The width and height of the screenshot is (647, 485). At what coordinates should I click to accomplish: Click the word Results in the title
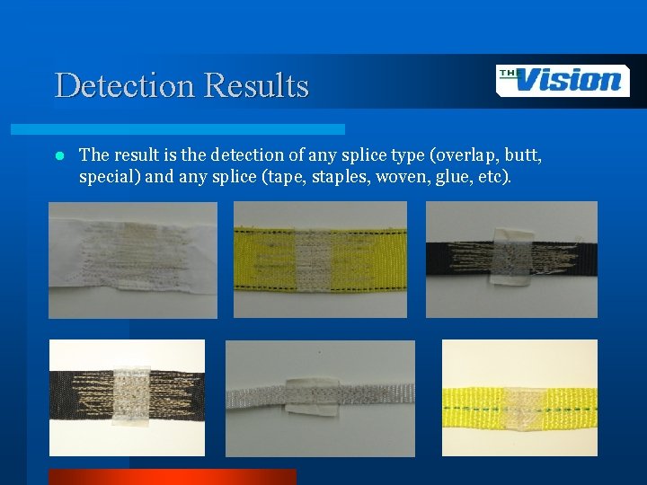pos(256,86)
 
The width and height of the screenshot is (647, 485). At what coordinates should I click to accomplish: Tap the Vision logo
pos(563,81)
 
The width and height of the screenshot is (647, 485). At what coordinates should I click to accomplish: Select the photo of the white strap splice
pos(133,260)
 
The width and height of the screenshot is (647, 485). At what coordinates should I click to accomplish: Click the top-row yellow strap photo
pos(320,259)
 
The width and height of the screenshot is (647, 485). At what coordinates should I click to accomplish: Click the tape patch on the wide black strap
pos(132,397)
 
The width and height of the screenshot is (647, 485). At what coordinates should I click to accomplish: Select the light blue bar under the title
pos(199,129)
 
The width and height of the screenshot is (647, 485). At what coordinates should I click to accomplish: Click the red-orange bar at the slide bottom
pos(171,477)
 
